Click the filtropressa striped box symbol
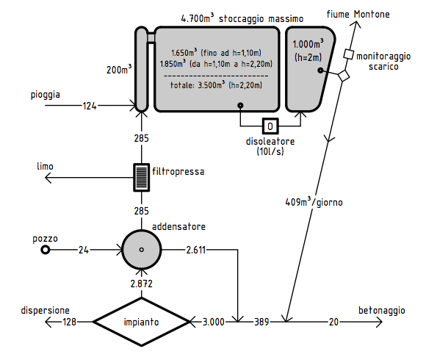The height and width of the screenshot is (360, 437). [141, 177]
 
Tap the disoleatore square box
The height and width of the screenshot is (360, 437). [270, 126]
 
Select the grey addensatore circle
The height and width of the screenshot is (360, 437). [142, 250]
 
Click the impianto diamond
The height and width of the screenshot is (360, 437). [141, 322]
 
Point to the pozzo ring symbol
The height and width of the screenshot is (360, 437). [45, 250]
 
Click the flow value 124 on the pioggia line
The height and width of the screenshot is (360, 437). [90, 106]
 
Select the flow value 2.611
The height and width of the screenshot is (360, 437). [195, 250]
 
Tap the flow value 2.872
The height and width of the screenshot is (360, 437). [142, 284]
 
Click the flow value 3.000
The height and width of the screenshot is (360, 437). [213, 322]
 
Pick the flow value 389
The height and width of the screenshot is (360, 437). [261, 322]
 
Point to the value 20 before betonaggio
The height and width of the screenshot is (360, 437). [333, 322]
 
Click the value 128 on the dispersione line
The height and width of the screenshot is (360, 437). [69, 322]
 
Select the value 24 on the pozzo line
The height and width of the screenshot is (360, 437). [83, 250]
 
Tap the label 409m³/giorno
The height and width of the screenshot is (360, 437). [314, 201]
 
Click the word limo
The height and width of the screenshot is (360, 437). [45, 166]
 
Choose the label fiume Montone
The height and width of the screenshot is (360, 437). [358, 14]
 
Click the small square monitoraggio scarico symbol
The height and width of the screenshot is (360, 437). [348, 54]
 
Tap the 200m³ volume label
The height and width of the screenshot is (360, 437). [119, 69]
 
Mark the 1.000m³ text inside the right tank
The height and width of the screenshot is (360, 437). [308, 43]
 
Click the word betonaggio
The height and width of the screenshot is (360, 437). [381, 310]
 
